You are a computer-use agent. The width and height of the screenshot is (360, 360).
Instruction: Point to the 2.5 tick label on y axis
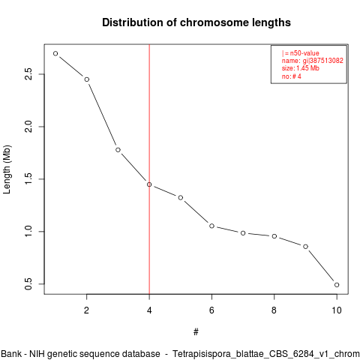pyautogui.click(x=28, y=74)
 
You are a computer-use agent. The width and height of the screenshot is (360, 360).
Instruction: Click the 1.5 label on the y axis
pyautogui.click(x=28, y=179)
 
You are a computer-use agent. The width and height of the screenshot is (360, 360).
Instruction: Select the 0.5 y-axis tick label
pyautogui.click(x=28, y=284)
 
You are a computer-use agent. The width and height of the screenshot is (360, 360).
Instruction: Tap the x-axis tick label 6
pyautogui.click(x=211, y=310)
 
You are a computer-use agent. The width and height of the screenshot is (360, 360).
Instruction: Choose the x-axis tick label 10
pyautogui.click(x=337, y=310)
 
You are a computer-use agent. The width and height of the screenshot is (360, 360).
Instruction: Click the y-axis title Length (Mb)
pyautogui.click(x=7, y=169)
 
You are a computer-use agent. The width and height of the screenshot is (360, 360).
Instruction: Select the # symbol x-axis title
pyautogui.click(x=196, y=332)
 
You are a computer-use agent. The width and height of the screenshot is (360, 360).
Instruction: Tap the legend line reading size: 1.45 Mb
pyautogui.click(x=301, y=68)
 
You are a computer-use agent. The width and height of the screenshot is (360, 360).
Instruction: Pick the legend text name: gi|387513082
pyautogui.click(x=313, y=61)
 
